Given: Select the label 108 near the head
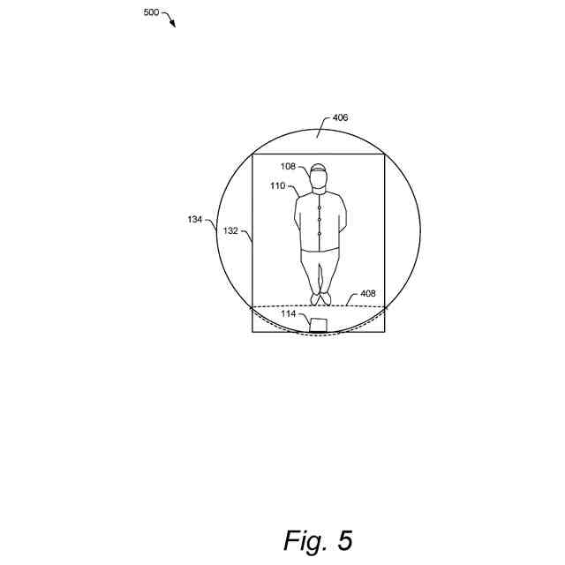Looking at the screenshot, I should pos(289,165).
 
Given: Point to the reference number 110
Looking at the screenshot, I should pos(278,186).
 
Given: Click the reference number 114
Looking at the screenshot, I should pos(289,313).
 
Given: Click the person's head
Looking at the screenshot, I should pos(319,181).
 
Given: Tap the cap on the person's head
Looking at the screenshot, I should pos(319,169).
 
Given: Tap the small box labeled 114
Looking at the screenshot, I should pos(319,324).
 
